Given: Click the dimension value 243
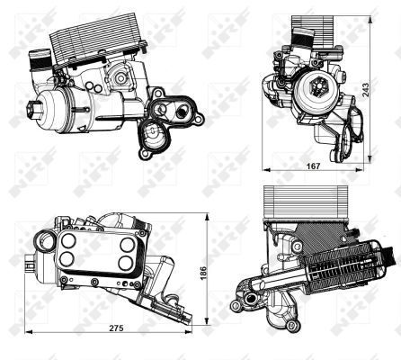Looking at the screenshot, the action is pos(367,87).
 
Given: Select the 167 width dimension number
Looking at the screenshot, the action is pos(313,166).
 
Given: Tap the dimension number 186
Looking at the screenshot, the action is pos(203,273).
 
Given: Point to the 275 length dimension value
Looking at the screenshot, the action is pos(116,328).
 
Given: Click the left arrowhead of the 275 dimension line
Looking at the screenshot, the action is pos(28,331).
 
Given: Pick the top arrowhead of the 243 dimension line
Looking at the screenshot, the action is pos(370,21).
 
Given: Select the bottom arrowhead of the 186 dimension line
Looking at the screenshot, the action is pos(207,320).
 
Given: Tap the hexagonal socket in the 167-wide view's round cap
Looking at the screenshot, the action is pos(318,85).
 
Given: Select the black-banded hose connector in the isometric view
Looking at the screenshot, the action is pos(40,60).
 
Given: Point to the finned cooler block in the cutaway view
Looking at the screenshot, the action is pos(305,202).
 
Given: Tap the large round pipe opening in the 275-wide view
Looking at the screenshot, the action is pos(44,240).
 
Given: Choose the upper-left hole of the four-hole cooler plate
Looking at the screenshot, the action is pos(68,240).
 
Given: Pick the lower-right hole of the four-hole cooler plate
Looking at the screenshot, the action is pos(125,263).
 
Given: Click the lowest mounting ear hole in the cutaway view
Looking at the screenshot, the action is pos(291,325).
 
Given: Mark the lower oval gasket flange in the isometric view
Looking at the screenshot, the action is pos(155,139).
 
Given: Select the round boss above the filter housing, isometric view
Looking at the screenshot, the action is pos(120,78).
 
